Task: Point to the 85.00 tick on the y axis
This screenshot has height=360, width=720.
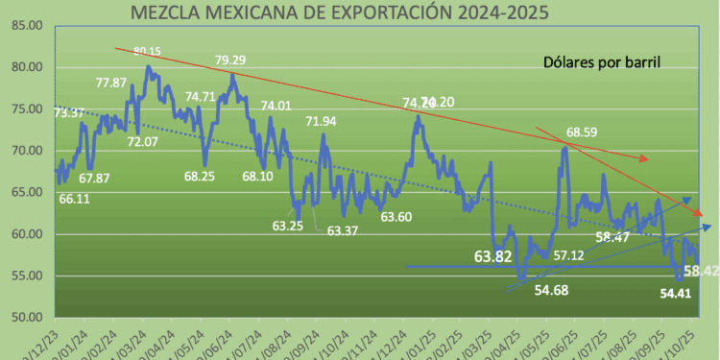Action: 25,25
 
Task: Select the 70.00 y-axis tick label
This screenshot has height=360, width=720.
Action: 25,152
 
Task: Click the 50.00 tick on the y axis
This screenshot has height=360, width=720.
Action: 25,318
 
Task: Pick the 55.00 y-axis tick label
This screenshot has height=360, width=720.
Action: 25,276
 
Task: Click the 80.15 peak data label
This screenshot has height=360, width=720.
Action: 148,51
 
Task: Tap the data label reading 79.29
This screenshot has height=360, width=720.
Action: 230,60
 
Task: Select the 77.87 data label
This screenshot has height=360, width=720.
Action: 112,83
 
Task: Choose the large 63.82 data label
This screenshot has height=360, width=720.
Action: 492,256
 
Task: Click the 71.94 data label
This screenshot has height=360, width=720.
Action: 322,121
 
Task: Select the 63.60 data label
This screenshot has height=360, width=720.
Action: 396,217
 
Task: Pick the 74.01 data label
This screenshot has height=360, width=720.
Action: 276,106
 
